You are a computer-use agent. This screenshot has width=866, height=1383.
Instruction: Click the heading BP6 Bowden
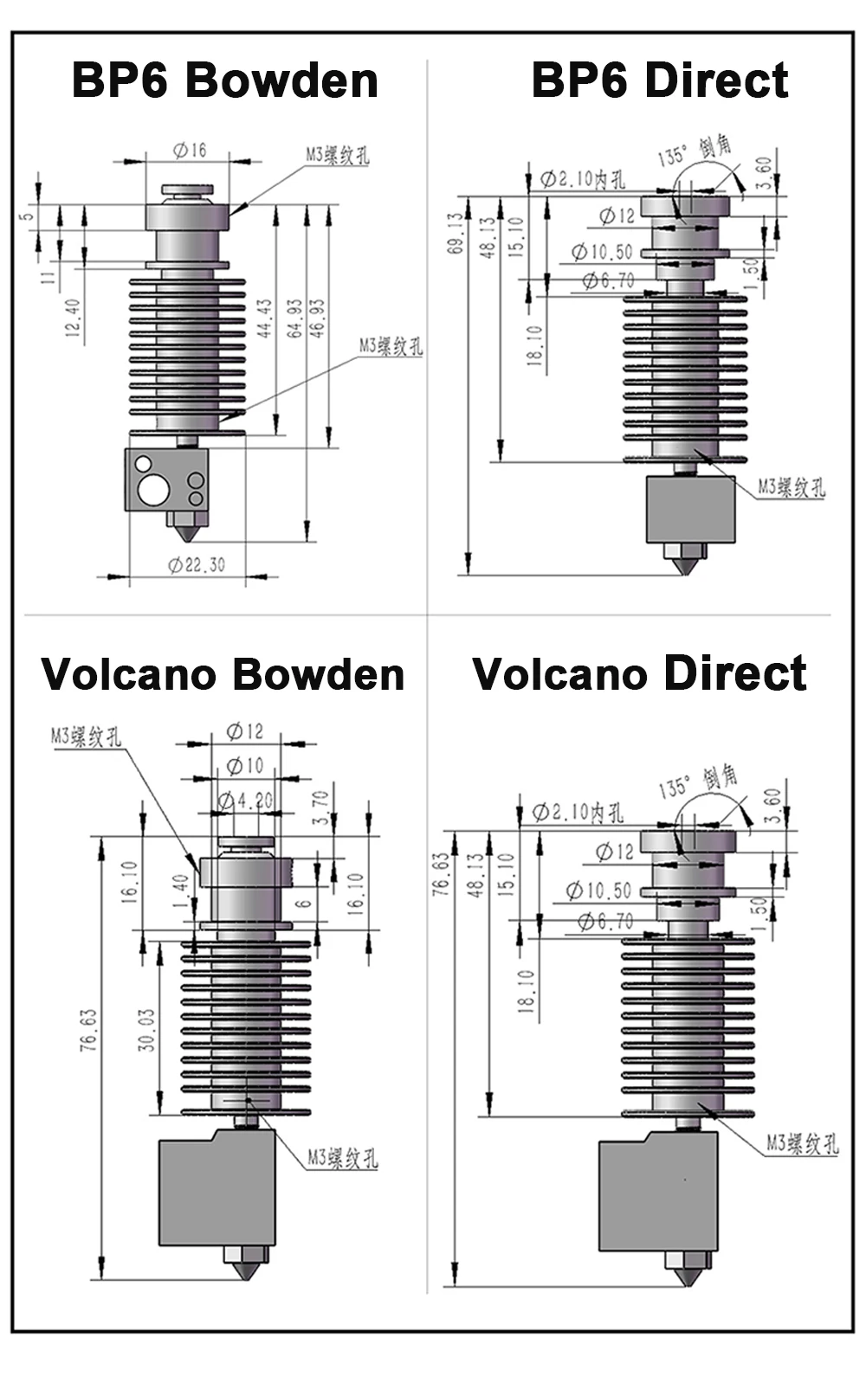224,80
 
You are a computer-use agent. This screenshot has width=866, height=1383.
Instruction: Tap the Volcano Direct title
639,674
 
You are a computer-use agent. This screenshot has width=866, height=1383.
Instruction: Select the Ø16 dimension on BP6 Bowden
190,151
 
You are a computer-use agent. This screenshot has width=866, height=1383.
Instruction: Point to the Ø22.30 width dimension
197,565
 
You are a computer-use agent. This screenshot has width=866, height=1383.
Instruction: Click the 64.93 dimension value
295,318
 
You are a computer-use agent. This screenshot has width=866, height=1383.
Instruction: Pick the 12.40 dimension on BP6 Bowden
73,318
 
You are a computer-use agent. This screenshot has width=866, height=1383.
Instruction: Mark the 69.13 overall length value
456,234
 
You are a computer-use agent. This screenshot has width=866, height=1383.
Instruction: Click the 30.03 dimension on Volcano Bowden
147,1029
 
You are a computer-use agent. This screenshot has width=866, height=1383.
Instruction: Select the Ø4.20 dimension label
245,801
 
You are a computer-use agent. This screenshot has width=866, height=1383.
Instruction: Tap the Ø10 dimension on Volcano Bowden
244,766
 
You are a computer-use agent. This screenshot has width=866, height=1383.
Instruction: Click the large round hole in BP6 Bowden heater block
153,490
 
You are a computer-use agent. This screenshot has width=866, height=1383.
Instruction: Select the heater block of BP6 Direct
690,509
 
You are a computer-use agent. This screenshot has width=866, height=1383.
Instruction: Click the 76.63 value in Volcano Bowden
88,1030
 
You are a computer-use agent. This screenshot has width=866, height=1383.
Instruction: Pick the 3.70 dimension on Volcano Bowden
320,807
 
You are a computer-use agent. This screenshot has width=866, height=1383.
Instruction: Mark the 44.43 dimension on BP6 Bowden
265,318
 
